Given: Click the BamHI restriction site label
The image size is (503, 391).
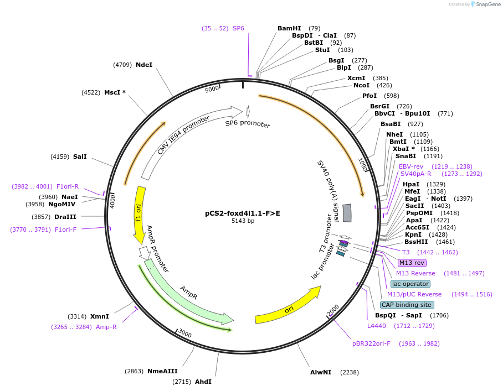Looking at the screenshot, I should [x=289, y=28].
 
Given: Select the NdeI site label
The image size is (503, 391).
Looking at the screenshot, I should [x=144, y=65].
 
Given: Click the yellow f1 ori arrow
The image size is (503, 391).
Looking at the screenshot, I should [x=139, y=215].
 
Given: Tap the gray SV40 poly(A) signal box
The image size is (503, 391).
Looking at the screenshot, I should [x=347, y=213].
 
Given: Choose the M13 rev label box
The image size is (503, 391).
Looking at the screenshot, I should [x=412, y=263].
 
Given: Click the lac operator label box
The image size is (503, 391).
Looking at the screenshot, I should [x=410, y=284].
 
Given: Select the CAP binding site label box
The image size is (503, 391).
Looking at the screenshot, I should [x=407, y=305].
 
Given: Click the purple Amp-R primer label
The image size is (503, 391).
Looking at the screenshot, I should [x=106, y=327].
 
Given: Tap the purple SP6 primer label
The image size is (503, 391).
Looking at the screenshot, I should [x=238, y=28].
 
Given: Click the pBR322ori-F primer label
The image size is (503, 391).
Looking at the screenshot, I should [x=371, y=343].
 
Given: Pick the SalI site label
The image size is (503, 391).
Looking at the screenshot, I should [x=80, y=157].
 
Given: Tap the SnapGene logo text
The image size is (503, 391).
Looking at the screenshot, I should [x=483, y=4].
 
